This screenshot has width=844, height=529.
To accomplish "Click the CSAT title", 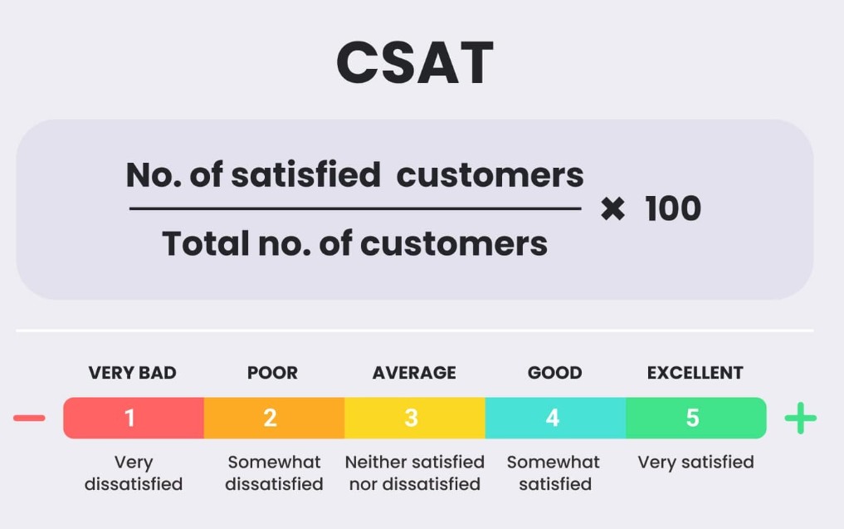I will [414, 63].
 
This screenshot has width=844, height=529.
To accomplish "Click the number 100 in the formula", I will [673, 208].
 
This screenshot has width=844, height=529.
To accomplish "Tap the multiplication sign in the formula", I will [612, 209].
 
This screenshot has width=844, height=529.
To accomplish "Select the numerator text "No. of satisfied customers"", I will [354, 175].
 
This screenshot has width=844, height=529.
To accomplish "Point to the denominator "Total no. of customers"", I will [354, 243].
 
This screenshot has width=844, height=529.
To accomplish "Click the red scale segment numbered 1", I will [133, 418].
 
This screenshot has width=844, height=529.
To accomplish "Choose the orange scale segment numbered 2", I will [273, 418].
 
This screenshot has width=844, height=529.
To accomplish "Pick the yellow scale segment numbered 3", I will [414, 418].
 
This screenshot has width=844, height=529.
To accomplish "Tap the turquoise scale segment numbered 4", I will [554, 418].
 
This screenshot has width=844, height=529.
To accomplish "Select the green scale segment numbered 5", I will [695, 418].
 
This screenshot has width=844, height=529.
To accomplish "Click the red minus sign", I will [30, 418].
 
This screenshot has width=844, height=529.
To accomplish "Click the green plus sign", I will [801, 419].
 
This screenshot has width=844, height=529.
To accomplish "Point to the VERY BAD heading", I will [133, 373].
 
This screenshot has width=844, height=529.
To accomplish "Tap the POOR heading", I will [272, 373].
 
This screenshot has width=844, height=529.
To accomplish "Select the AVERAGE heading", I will [414, 373].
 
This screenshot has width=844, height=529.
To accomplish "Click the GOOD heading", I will [554, 373].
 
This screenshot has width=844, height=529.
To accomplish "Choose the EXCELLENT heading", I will [695, 373].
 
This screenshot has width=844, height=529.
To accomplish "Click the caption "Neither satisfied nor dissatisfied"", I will [414, 473].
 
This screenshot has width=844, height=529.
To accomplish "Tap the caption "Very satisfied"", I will [695, 462].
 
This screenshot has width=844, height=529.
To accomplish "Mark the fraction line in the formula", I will [354, 209].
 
